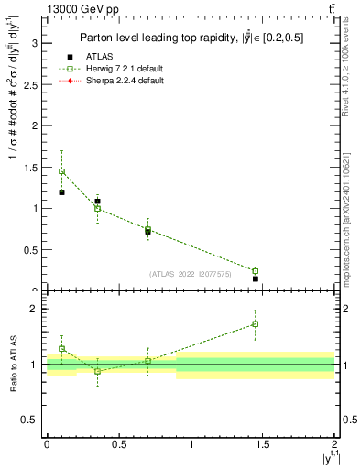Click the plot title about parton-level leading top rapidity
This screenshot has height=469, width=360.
coord(190,38)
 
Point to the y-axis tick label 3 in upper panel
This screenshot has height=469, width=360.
coord(34,43)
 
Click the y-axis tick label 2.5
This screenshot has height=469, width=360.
coord(30,84)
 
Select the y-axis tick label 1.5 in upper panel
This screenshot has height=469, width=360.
coord(30,167)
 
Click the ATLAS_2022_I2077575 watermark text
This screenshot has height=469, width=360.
coord(190,273)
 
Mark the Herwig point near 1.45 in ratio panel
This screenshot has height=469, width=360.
coord(256,323)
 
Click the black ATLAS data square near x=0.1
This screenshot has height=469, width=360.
coord(61,192)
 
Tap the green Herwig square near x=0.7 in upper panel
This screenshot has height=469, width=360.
coord(147,229)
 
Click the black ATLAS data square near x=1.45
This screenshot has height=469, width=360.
coord(256,278)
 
